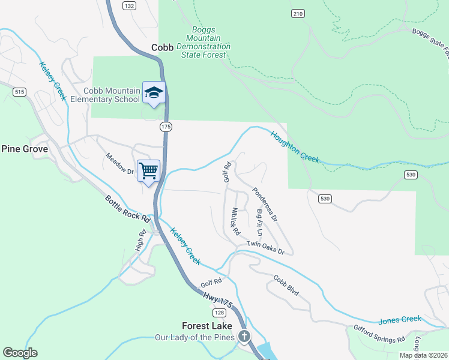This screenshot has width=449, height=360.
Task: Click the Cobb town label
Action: pos(162,47)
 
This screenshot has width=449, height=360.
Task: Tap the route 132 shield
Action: pos(129,5)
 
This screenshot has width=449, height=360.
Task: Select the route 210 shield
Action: pos(298,13)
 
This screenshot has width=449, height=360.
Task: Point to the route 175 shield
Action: pos(166,127)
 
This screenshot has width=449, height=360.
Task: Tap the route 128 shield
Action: pos(219,313)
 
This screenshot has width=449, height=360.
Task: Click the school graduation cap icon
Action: pos(154,92)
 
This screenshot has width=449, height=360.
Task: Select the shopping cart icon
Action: pos(149,170)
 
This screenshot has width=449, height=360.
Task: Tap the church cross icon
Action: pos(244,337)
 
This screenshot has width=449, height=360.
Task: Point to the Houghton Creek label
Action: pos(294,147)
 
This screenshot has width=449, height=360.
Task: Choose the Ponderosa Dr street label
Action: pos(265,204)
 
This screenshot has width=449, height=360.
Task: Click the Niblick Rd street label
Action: pos(235,221)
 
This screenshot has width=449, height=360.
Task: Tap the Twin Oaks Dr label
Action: pos(265,247)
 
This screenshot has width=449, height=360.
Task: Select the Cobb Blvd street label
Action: pos(286,285)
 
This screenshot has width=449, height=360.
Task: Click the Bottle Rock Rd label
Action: pos(126,207)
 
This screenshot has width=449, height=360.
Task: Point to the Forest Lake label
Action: pos(206,326)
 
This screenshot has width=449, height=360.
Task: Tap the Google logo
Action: pos(20,353)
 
